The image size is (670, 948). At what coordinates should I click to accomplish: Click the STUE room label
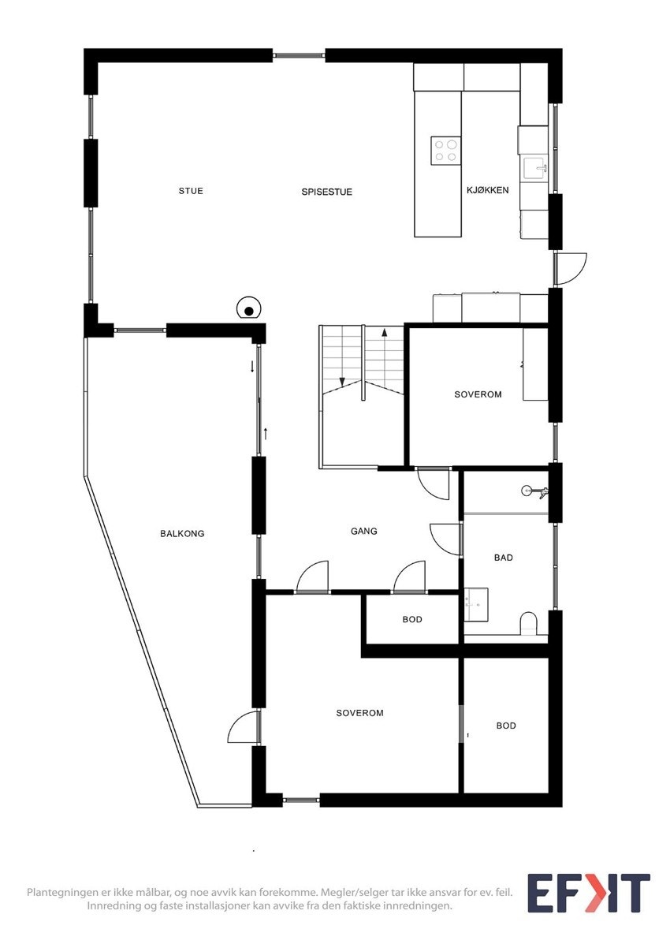191,191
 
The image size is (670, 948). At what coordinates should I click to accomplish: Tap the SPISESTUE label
326,192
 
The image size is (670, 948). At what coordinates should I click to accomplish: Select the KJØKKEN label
488,190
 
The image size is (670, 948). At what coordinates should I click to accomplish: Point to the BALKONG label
182,534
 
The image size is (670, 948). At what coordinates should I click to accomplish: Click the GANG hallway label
364,531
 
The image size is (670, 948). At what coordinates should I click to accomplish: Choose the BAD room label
504,558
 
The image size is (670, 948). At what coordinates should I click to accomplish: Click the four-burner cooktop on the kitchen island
445,150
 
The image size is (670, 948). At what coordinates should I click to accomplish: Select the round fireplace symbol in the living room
249,310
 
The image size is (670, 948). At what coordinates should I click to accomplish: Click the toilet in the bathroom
529,624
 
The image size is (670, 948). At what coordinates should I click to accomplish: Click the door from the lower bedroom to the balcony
244,727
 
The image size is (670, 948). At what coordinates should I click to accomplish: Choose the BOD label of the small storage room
412,619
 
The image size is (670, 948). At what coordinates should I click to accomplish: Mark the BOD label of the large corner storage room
506,726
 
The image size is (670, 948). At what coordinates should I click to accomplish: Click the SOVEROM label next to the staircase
478,394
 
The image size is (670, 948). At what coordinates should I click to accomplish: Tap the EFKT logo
588,894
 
